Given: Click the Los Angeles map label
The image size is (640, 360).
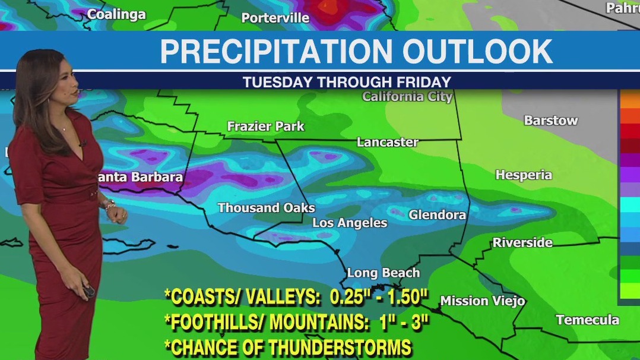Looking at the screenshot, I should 350,223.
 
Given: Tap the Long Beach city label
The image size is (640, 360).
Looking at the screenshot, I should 383,273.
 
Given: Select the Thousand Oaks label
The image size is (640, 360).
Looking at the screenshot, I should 266,207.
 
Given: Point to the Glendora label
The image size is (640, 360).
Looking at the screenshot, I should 437,214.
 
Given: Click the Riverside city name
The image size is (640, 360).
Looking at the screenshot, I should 522,242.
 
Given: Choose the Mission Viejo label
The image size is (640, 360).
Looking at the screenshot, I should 482,301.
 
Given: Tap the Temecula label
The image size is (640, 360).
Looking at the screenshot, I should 587,320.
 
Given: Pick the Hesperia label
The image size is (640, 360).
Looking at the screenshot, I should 524,175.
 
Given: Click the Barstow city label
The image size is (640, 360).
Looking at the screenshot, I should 550,120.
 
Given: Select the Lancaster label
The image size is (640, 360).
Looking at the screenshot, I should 387,142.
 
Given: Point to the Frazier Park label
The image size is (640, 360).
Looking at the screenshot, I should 265,126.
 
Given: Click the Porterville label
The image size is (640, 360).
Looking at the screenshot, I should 275,18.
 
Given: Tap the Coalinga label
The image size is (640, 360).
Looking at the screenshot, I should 116,14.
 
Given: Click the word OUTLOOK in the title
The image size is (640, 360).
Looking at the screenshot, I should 477,52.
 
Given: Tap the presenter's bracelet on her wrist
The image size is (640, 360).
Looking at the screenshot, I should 109,204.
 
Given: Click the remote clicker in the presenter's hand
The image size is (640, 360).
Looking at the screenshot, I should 89,291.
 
